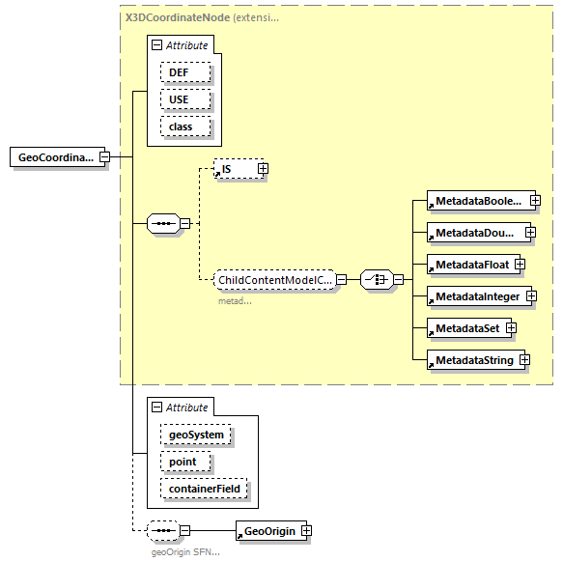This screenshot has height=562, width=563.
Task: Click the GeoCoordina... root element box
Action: [54, 157]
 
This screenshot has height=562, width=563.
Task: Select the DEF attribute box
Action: [179, 72]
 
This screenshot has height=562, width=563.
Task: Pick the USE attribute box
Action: [179, 99]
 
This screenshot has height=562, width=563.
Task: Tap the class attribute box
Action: [181, 126]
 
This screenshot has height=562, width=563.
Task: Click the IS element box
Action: [234, 169]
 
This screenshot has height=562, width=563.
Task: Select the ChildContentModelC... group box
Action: [275, 280]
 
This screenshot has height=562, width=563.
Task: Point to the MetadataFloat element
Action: [470, 264]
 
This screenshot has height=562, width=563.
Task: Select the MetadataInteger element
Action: [477, 296]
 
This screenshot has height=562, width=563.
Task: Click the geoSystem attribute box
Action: [196, 435]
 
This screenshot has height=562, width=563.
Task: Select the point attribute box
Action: [183, 462]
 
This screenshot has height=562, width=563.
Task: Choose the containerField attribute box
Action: [206, 490]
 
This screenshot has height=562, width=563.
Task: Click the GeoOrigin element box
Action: [269, 530]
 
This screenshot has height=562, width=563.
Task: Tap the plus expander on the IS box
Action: [262, 169]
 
